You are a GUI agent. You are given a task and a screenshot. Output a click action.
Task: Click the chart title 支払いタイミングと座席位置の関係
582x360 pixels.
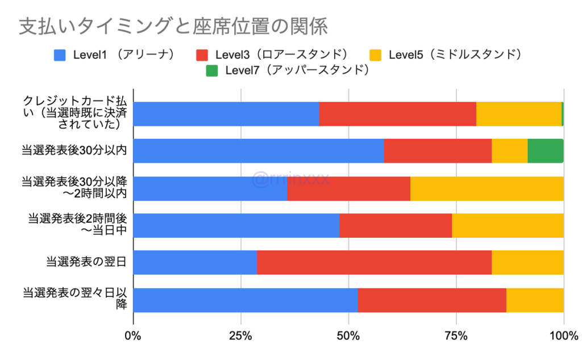click(x=173, y=27)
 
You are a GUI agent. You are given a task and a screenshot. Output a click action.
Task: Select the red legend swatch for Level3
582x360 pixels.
click(x=202, y=55)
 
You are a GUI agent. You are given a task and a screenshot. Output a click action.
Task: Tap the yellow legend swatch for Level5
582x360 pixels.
click(x=376, y=55)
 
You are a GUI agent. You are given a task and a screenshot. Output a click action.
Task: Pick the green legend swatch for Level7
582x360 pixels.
click(x=213, y=71)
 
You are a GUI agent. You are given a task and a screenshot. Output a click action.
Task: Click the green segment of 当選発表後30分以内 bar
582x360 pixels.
click(x=546, y=151)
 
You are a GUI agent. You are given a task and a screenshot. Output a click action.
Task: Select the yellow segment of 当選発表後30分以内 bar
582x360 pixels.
click(x=510, y=151)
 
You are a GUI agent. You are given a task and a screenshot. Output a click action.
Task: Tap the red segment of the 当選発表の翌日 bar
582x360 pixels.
click(x=374, y=262)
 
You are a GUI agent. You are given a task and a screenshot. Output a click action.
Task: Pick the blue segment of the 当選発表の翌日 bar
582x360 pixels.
click(x=195, y=262)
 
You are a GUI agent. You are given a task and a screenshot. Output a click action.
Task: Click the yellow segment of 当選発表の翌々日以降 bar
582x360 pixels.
click(x=535, y=300)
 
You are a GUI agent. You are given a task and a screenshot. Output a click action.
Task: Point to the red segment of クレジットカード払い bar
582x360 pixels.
click(x=397, y=114)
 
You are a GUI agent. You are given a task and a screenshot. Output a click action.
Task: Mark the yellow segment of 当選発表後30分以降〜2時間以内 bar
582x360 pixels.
click(x=487, y=188)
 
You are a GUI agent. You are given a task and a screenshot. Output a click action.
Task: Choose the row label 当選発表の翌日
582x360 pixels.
click(x=86, y=262)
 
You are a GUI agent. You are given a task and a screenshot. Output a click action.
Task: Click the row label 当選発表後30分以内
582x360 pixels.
click(x=74, y=151)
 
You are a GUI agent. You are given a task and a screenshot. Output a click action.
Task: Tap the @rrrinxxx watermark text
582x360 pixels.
click(x=291, y=180)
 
